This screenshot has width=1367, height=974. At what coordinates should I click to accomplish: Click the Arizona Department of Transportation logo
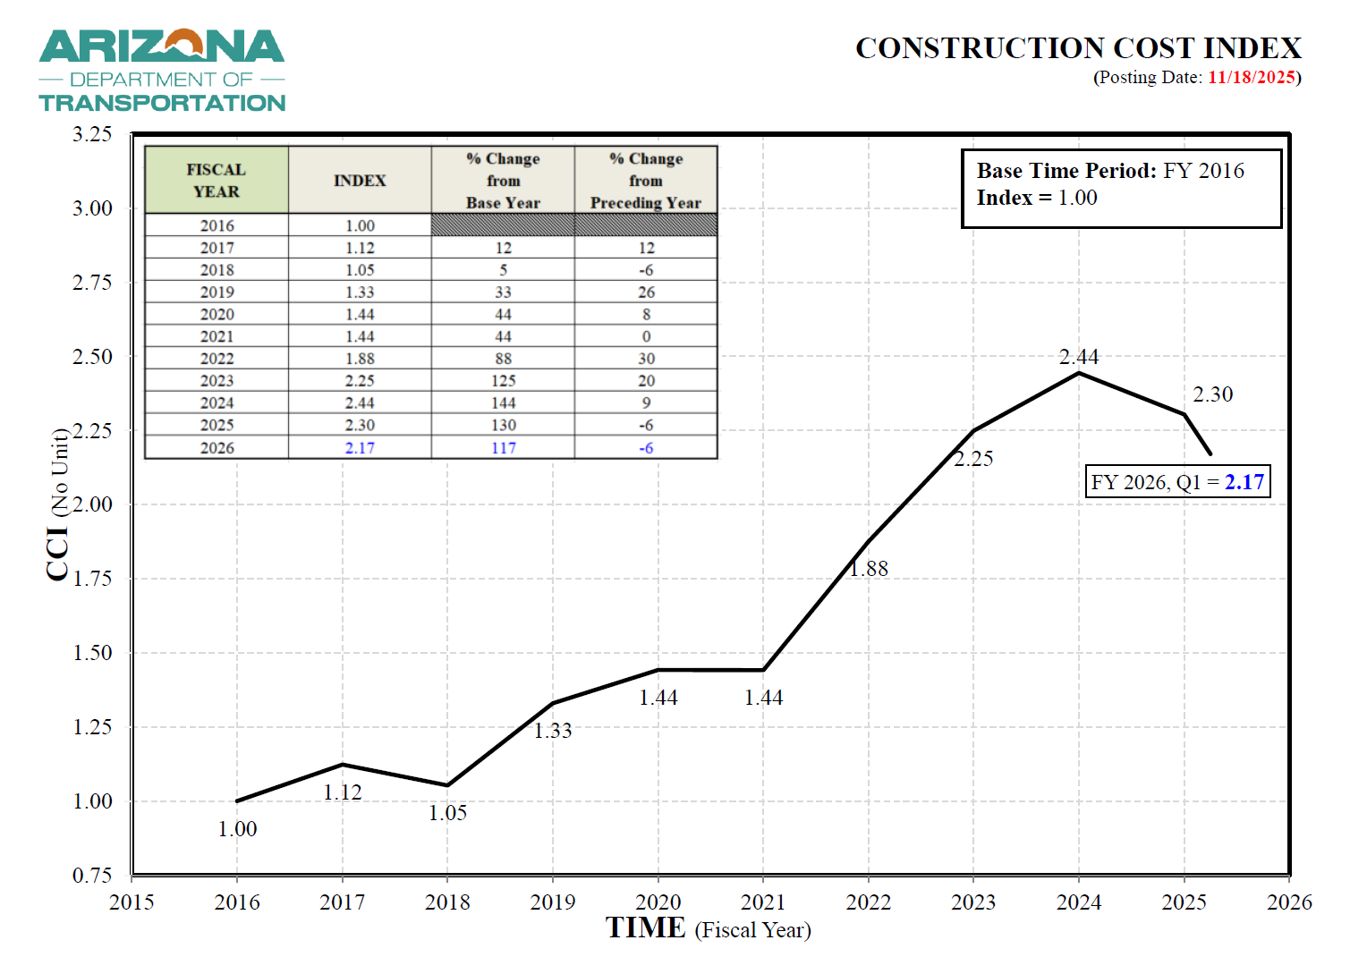tap(162, 71)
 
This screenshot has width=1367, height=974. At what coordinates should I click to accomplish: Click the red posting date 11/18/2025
tap(1251, 77)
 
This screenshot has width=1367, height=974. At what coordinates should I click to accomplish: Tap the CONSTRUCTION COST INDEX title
tap(1077, 48)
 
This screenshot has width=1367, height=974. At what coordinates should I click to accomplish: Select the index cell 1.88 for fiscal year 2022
tap(360, 359)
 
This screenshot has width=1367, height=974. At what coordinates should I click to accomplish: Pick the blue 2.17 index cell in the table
tap(360, 448)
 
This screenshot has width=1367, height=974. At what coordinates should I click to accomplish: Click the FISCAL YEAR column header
tap(217, 181)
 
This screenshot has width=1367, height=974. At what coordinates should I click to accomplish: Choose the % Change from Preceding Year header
tap(645, 181)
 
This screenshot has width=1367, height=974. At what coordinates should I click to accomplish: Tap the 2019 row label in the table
tap(217, 292)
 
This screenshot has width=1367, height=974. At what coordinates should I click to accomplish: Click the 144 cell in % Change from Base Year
tap(503, 403)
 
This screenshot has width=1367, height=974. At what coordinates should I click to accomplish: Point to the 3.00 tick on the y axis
tap(92, 208)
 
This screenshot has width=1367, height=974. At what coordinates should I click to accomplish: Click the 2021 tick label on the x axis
tap(763, 902)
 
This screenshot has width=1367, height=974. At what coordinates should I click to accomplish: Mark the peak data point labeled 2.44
tap(1079, 373)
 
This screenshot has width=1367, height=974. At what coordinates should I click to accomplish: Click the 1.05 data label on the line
tap(447, 813)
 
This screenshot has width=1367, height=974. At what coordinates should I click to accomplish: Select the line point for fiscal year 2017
tap(343, 765)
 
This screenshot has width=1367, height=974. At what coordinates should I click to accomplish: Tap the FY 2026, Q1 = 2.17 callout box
tap(1177, 482)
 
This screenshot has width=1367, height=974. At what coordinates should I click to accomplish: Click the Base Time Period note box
tap(1121, 188)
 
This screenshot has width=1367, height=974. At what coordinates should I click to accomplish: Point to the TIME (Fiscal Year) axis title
tap(708, 928)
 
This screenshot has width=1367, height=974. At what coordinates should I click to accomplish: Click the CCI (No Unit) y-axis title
tap(58, 504)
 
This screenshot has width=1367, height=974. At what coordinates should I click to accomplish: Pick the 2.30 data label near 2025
tap(1212, 394)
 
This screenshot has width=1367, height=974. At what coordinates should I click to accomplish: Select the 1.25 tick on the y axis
tap(92, 727)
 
